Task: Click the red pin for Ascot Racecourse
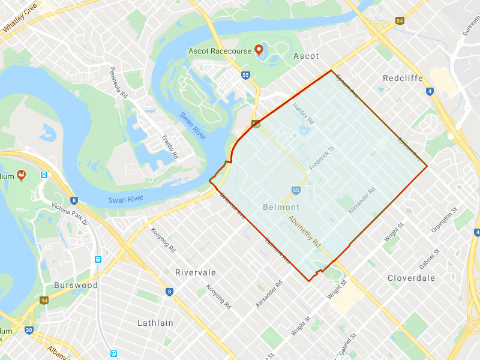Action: tap(259, 50)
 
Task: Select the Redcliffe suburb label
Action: tap(403, 79)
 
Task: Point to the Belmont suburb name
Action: tap(281, 207)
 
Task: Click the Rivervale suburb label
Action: tap(196, 272)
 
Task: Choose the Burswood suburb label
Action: tap(76, 285)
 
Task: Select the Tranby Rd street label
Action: tap(170, 147)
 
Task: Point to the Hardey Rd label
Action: tap(304, 113)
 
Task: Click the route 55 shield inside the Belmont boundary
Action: tap(296, 190)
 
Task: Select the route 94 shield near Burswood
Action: tap(44, 300)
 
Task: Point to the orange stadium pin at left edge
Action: tap(22, 175)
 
